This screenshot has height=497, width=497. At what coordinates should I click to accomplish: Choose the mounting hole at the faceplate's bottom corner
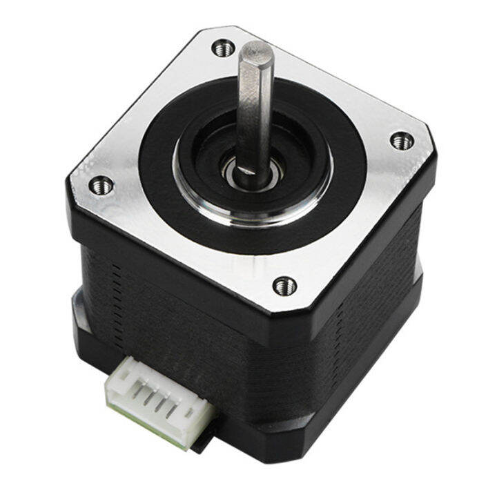[284, 284]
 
